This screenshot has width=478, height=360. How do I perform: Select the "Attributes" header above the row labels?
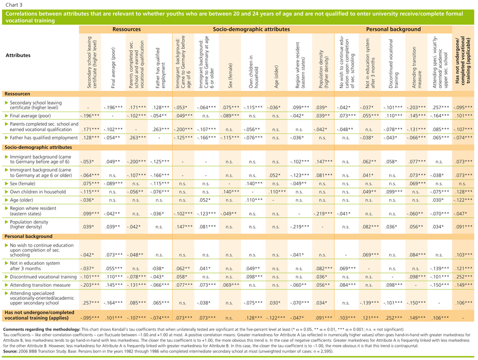point(18,55)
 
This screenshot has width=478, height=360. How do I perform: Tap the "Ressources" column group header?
point(125,30)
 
